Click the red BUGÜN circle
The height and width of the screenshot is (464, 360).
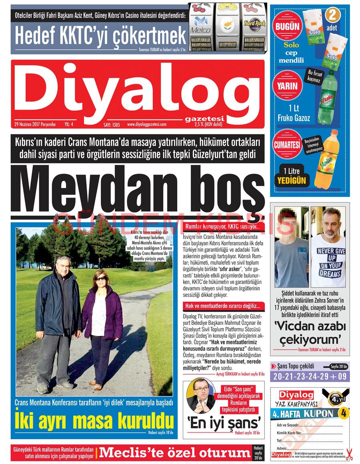click(287, 27)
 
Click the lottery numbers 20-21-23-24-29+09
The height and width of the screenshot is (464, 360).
click(310, 376)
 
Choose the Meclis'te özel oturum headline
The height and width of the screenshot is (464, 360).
click(175, 453)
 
